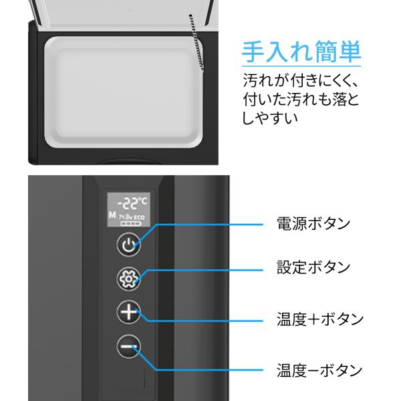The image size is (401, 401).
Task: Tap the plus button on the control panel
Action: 130,312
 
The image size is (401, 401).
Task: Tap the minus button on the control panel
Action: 130,346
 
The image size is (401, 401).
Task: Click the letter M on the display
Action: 111,215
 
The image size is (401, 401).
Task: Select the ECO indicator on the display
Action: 138,218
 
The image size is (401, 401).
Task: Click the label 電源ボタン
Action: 313,223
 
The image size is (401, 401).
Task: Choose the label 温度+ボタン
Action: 319,319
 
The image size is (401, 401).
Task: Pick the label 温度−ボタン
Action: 319,370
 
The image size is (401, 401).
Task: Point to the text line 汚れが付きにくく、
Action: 301,82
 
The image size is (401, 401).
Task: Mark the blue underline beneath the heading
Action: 301,66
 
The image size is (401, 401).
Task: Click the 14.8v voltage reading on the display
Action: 124,218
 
